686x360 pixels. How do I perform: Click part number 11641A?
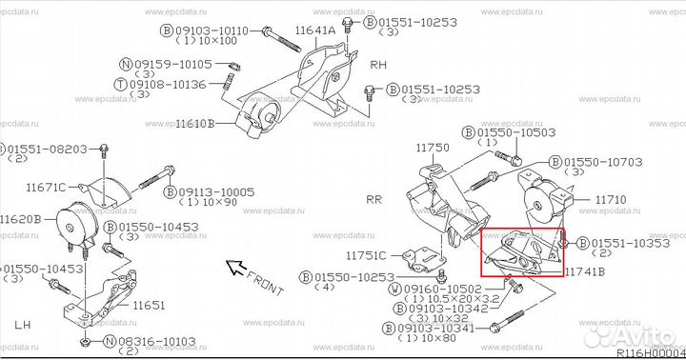click(314, 31)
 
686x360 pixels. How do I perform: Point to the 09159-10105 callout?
click(171, 65)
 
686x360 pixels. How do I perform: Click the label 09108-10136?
click(171, 84)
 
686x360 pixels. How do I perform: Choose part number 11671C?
click(47, 188)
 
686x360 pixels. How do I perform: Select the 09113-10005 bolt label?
click(214, 191)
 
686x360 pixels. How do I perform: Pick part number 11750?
click(433, 149)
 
